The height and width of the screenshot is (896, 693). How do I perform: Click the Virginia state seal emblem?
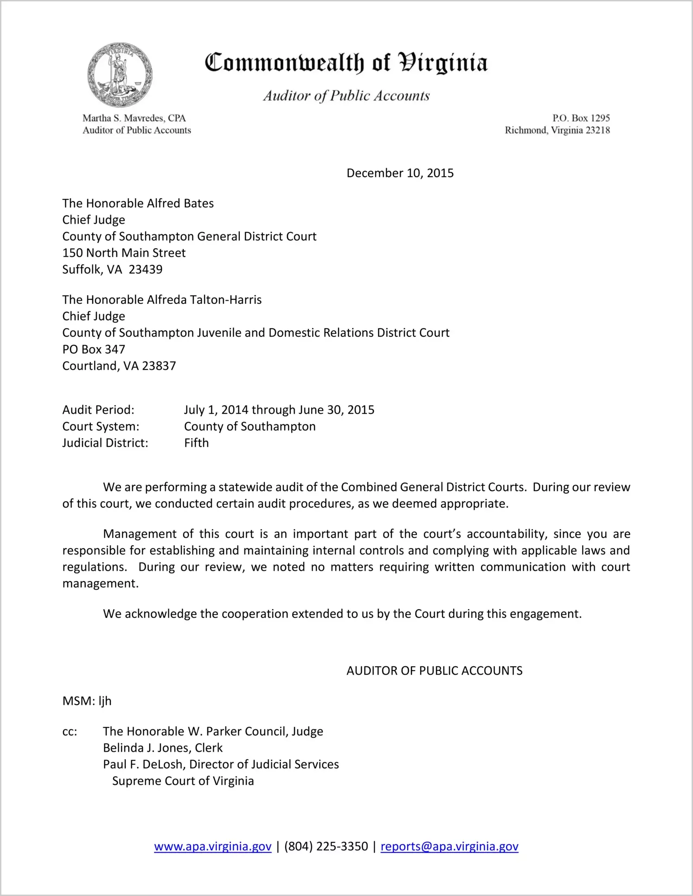coord(120,75)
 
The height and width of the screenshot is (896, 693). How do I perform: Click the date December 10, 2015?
coord(400,173)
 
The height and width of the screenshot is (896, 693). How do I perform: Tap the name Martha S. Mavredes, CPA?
coord(134,118)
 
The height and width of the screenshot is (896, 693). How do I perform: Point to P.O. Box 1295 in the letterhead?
coord(581,118)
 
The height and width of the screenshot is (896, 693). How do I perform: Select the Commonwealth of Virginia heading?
coord(346,63)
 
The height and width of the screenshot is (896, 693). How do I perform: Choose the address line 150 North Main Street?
coord(124,253)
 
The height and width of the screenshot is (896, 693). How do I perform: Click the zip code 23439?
coord(146,270)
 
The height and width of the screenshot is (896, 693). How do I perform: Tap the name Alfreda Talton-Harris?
coord(204,300)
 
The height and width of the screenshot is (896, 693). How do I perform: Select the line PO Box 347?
coord(94,349)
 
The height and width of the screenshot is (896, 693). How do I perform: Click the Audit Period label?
coord(98,410)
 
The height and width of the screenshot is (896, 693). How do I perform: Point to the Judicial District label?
coord(105,443)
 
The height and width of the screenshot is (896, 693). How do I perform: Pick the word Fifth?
coord(196,443)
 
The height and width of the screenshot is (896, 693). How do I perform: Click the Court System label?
coord(101,426)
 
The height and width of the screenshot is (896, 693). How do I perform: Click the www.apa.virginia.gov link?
coord(212,846)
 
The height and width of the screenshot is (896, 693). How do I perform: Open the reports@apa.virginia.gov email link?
coord(449,846)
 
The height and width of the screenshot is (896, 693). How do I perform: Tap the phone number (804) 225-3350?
coord(326,846)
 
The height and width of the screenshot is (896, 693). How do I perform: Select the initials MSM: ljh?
coord(87,701)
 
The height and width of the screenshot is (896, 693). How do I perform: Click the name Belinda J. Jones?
coord(146,748)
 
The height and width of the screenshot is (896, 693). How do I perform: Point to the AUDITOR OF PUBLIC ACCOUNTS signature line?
coord(434,670)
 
